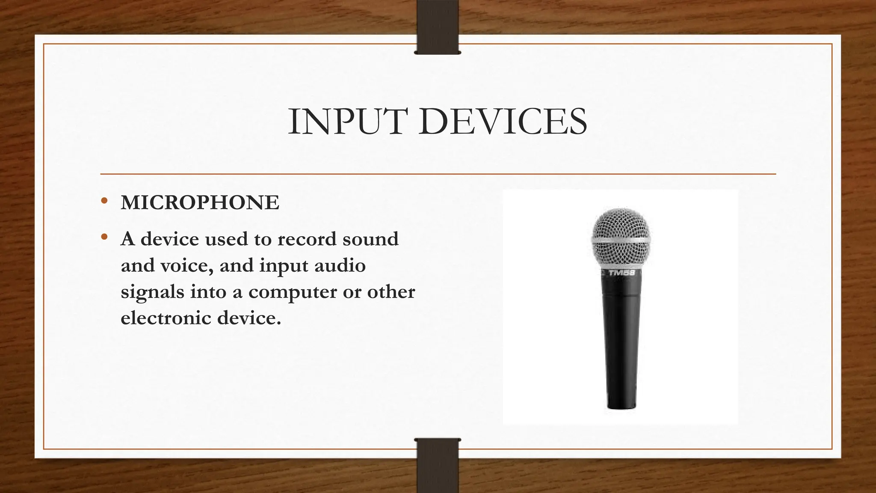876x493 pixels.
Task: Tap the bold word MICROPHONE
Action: tap(200, 202)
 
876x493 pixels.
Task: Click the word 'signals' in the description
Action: tap(152, 292)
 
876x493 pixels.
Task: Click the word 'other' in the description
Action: tap(391, 292)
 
